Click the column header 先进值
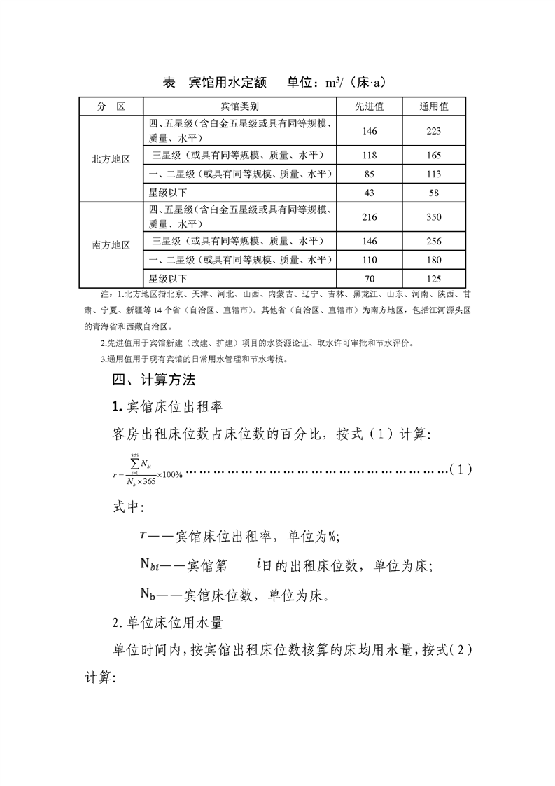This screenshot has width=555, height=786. pos(370,106)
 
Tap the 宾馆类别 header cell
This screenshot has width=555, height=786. pos(239,106)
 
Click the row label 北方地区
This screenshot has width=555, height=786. pos(111,159)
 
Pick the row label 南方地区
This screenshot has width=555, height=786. pos(111,245)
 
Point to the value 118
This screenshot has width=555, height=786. pos(370,156)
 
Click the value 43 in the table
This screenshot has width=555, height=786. pos(370,192)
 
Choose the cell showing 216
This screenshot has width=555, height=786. pos(370,217)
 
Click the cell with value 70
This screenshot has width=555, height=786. pos(370,279)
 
